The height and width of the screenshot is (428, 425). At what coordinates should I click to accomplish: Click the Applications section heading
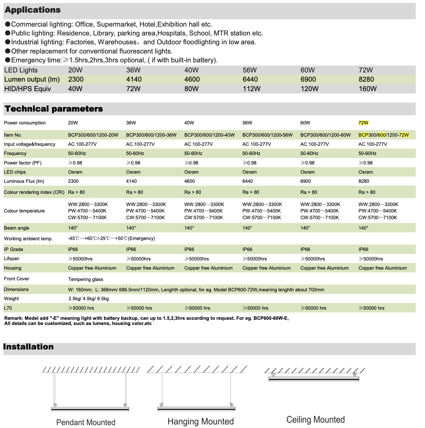pyautogui.click(x=33, y=10)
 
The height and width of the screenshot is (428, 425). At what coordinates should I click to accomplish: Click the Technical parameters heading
pyautogui.click(x=54, y=109)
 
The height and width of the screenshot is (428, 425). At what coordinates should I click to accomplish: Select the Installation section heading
pyautogui.click(x=28, y=347)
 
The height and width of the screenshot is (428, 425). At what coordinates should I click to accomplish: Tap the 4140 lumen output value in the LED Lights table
pyautogui.click(x=134, y=79)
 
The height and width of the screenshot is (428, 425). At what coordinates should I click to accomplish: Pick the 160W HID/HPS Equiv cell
pyautogui.click(x=368, y=89)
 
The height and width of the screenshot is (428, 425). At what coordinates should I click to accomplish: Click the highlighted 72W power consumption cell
pyautogui.click(x=363, y=123)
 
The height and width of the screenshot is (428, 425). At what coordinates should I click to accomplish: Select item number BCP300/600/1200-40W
pyautogui.click(x=209, y=135)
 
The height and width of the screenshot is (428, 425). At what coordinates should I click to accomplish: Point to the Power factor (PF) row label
pyautogui.click(x=23, y=163)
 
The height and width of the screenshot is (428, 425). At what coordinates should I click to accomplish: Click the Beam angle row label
pyautogui.click(x=17, y=228)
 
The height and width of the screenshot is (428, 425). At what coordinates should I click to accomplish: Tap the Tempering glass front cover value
pyautogui.click(x=86, y=279)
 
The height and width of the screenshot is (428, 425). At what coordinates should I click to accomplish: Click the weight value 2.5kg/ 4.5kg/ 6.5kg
pyautogui.click(x=88, y=299)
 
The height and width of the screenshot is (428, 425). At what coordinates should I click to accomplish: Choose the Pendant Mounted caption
pyautogui.click(x=86, y=422)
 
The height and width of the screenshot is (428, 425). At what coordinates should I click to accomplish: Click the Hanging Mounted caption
pyautogui.click(x=201, y=422)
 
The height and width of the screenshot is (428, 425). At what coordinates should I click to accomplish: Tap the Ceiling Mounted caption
pyautogui.click(x=316, y=420)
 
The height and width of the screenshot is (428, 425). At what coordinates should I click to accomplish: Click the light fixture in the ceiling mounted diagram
pyautogui.click(x=314, y=379)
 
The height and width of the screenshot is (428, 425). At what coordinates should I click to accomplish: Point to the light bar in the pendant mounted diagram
pyautogui.click(x=90, y=409)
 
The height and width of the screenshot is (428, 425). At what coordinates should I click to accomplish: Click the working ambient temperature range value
pyautogui.click(x=112, y=238)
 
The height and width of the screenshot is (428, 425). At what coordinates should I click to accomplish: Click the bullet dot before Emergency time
pyautogui.click(x=8, y=60)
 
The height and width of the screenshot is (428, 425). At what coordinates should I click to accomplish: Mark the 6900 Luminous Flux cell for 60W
pyautogui.click(x=305, y=181)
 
